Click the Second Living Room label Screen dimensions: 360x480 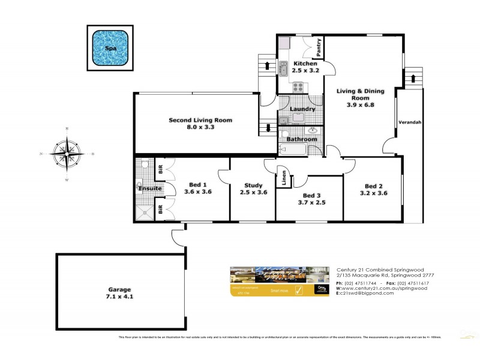pos(200,124)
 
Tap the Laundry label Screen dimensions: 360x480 pos(302,109)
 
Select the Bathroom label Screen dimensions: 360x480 pos(301,139)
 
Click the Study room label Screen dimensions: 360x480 pos(251,188)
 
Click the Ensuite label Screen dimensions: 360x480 pos(149,188)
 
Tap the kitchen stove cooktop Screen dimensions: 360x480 pos(298,88)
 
